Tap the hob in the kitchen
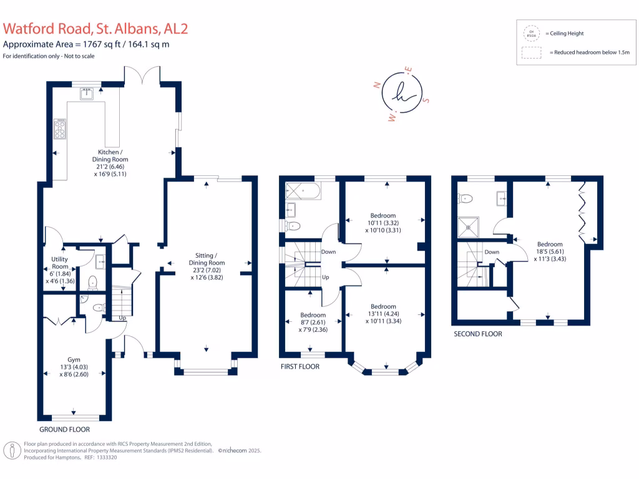pos(60,129)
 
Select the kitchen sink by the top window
pos(87,94)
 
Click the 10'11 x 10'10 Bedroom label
pos(383,223)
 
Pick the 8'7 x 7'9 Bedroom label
pos(313,322)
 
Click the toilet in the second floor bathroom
pos(466,198)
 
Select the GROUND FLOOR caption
pos(64,430)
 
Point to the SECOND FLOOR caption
pos(477,334)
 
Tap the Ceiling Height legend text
pos(564,34)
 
